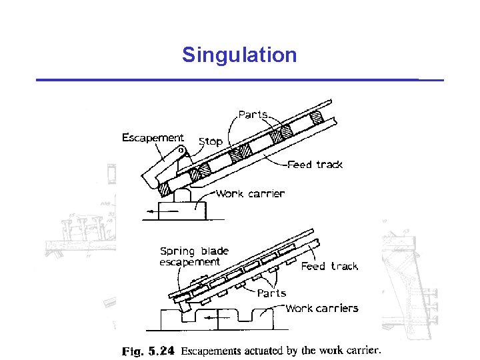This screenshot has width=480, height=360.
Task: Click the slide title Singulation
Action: (x=239, y=55)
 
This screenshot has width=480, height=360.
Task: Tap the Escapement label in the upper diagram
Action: (x=153, y=138)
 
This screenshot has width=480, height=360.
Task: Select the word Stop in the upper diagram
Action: (x=211, y=141)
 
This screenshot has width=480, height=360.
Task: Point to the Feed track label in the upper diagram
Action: (x=315, y=165)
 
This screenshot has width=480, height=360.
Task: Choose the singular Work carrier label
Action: (x=250, y=194)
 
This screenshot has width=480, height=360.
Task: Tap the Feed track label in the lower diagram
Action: (x=329, y=266)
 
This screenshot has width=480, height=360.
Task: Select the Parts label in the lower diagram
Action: (x=271, y=293)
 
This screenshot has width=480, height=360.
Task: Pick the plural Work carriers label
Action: (x=321, y=308)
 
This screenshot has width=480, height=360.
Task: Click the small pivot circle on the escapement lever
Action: (x=181, y=150)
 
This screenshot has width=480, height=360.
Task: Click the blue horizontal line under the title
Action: (x=239, y=80)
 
